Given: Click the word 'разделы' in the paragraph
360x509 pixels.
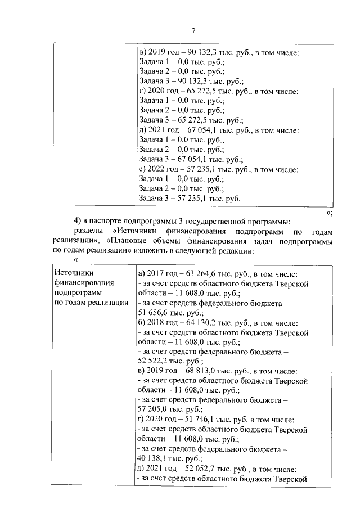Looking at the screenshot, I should (x=89, y=232).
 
